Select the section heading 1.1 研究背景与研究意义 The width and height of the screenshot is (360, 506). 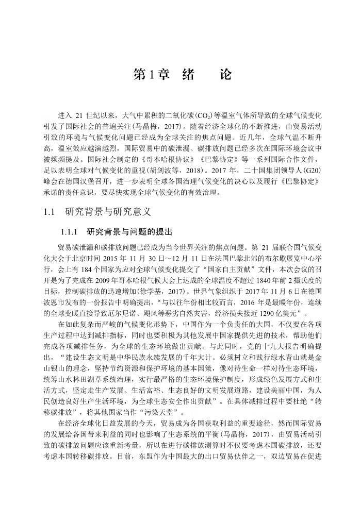point(98,211)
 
